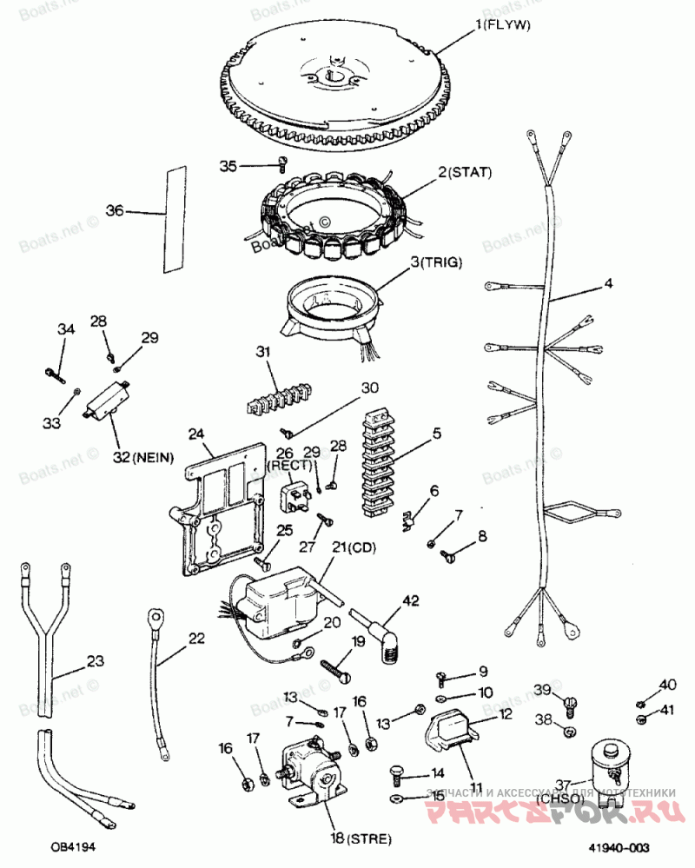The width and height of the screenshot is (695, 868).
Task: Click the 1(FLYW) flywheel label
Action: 502,26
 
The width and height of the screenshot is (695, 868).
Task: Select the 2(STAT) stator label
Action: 465,173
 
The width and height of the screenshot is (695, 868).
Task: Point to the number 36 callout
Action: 116,210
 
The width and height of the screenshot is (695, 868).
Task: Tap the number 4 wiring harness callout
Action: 608,283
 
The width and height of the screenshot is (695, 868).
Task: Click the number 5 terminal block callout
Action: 436,432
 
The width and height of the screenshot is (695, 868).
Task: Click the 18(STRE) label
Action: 361,838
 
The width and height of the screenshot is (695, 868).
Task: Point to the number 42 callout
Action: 409,600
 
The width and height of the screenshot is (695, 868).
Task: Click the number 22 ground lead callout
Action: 197,639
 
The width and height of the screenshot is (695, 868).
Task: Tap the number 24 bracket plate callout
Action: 195,433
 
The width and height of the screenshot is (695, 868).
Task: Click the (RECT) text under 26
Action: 283,465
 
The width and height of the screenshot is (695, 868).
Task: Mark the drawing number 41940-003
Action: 619,847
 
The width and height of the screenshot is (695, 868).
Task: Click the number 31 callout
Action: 263,351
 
